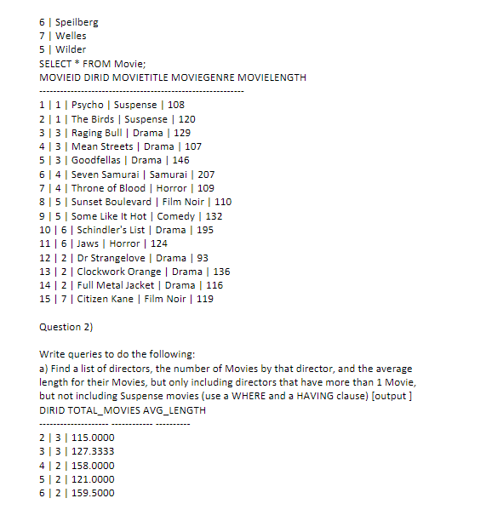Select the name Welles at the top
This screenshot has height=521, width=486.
coord(71,36)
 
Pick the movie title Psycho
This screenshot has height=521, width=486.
coord(88,105)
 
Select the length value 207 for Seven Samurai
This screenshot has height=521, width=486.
coord(205,174)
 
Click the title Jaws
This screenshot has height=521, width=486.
coord(84,243)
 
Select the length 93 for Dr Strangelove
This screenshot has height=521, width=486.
coord(202,258)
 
